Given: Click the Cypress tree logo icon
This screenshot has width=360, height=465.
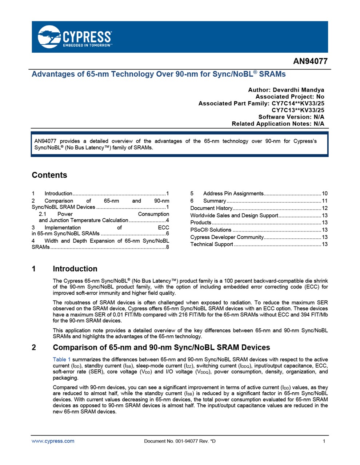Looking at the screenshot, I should (49, 36).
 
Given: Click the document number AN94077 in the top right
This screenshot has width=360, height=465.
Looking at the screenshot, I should (310, 61).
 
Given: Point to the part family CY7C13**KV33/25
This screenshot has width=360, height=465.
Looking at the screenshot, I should (298, 110).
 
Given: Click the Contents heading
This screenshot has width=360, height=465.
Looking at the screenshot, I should (49, 175).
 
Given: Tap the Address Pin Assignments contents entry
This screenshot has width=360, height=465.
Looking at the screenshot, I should (233, 194).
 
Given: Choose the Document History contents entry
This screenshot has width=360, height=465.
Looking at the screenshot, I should (211, 208).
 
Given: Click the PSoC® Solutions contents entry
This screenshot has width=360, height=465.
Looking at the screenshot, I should (211, 230).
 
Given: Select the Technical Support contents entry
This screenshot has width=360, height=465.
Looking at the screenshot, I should (212, 244).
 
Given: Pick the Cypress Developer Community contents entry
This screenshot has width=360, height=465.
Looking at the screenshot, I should (227, 237).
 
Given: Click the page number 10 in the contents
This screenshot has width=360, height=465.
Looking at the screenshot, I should (325, 194).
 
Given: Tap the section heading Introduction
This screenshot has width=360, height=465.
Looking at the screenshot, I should (75, 269).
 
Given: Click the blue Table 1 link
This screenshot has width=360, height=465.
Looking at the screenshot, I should (62, 360).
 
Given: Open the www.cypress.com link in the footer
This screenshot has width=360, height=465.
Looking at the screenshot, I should (53, 441).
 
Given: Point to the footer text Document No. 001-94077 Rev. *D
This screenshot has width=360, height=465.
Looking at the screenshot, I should (180, 441).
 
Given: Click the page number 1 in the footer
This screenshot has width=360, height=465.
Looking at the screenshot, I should (324, 441).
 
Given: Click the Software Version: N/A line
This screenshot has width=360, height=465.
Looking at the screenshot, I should (291, 117).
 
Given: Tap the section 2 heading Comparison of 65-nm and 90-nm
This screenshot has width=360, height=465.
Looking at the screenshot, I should (161, 347).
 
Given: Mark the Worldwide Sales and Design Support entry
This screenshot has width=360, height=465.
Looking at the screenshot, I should (234, 215).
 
